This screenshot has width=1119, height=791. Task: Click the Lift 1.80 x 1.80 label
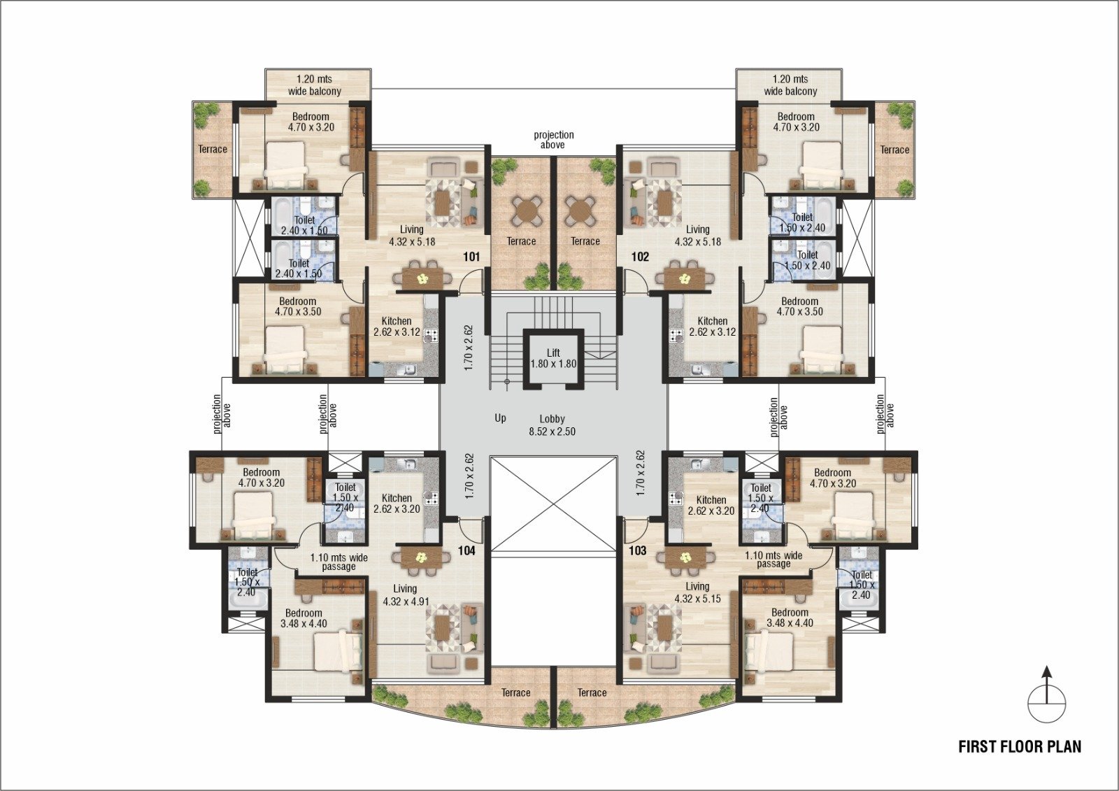[553, 358]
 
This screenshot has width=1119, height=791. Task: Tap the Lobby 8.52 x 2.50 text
[552, 425]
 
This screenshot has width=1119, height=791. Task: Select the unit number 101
[471, 257]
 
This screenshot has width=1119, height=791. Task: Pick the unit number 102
[640, 257]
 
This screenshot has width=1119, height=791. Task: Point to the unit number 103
[637, 550]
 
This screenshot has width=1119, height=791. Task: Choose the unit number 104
[466, 550]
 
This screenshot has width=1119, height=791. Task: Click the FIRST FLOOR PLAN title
[1020, 746]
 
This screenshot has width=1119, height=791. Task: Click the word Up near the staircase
[500, 418]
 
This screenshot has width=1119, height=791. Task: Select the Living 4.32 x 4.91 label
[406, 594]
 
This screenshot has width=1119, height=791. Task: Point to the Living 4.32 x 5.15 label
[697, 592]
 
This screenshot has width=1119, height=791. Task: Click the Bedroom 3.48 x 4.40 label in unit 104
[304, 618]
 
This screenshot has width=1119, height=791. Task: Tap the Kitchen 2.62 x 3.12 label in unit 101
[397, 327]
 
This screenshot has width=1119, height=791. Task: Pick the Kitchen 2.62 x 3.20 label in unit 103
[711, 505]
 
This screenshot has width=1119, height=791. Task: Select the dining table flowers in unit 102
[684, 279]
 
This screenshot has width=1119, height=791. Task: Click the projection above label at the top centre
[553, 140]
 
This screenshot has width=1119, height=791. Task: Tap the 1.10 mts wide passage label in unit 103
[774, 560]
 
